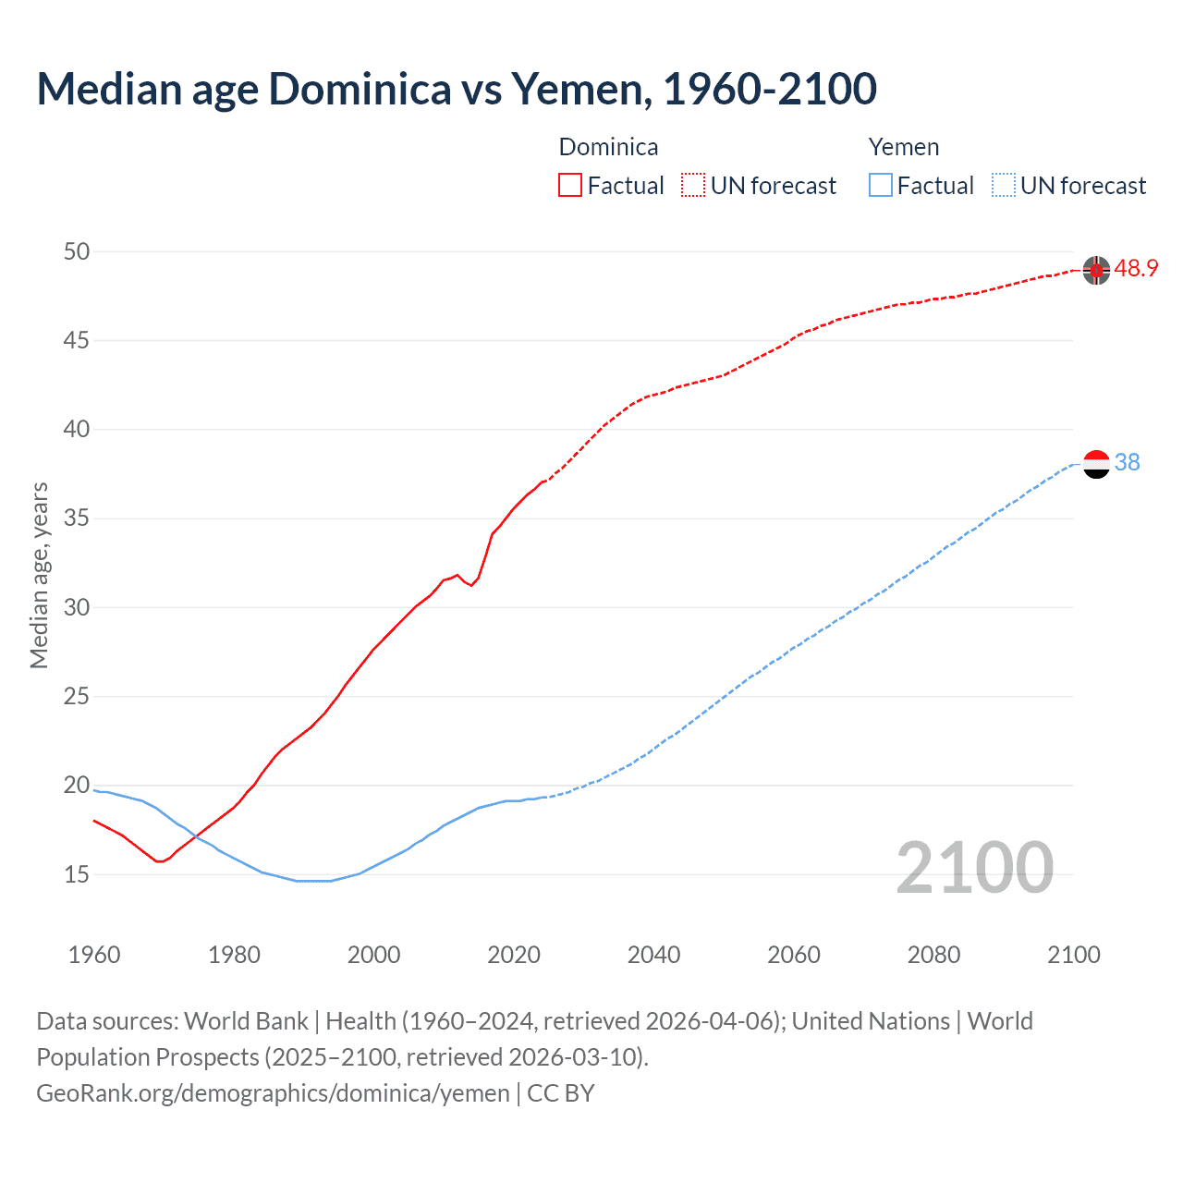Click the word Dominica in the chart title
(360, 90)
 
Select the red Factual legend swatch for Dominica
(570, 186)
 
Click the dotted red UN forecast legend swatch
(693, 186)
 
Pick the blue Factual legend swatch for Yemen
(881, 186)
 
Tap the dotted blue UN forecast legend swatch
(1003, 186)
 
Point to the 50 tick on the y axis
(78, 251)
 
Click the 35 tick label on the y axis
(78, 518)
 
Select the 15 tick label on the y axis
(78, 874)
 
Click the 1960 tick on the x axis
(94, 955)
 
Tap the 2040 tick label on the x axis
(653, 955)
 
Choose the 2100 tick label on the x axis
(1074, 955)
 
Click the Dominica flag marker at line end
(1096, 270)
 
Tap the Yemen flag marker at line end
(1096, 464)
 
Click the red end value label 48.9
(1136, 269)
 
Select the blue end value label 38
(1127, 463)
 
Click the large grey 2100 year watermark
(975, 868)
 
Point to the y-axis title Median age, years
(39, 575)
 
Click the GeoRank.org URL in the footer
(273, 1093)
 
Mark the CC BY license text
(561, 1093)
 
